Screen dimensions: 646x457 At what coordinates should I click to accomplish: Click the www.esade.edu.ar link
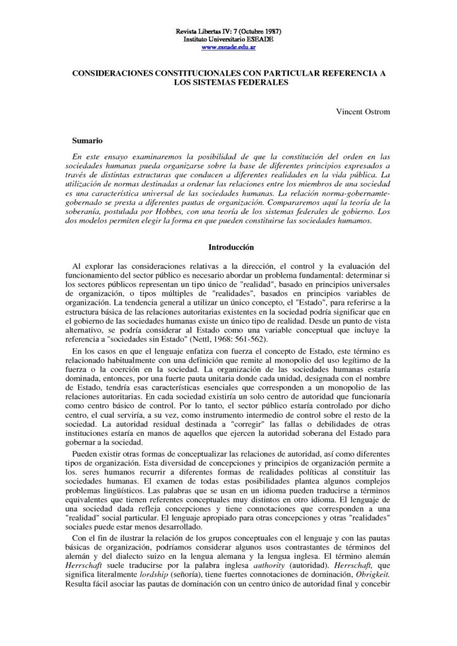click(x=228, y=46)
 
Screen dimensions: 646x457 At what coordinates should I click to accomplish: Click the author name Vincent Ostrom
click(x=367, y=112)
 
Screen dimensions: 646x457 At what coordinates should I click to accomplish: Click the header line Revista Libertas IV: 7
click(x=228, y=31)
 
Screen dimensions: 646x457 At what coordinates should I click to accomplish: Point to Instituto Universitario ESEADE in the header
click(x=228, y=38)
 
